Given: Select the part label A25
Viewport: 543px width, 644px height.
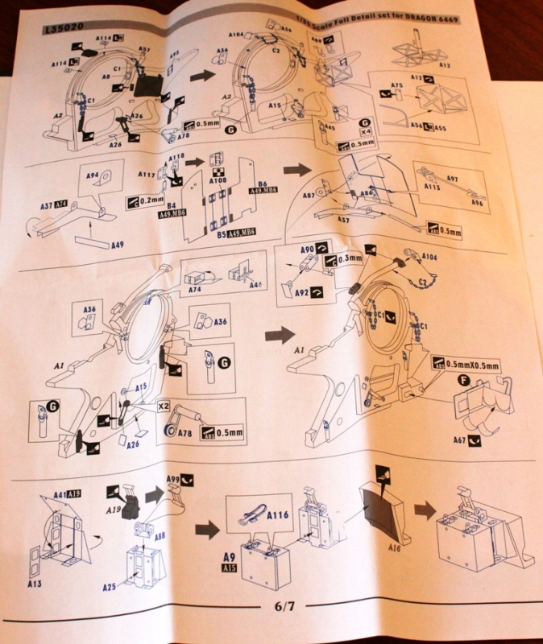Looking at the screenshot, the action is tap(110, 587).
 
